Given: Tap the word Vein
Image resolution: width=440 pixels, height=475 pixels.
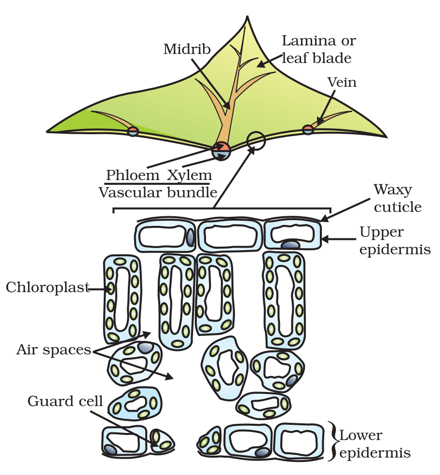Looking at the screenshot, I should coord(342,83).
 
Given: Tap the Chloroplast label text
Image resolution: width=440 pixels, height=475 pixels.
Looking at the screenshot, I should coord(47,288).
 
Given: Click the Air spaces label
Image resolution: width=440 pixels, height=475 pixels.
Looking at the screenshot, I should coord(54,349).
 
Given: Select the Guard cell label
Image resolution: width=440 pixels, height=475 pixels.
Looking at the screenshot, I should coord(65,401).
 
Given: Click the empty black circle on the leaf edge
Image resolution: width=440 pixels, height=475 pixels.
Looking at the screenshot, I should coord(256,140).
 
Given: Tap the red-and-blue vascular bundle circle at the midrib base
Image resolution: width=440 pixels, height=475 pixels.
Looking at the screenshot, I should coord(222,151).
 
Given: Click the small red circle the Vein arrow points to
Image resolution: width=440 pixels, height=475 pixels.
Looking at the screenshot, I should coord(308,129).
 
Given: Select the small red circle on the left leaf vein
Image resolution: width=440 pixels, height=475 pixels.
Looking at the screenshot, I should coord(133,131).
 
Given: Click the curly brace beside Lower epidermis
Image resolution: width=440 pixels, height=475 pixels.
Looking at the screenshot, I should coord(333,440).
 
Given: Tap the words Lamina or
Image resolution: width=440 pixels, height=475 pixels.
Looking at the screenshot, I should coord(318,41).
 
